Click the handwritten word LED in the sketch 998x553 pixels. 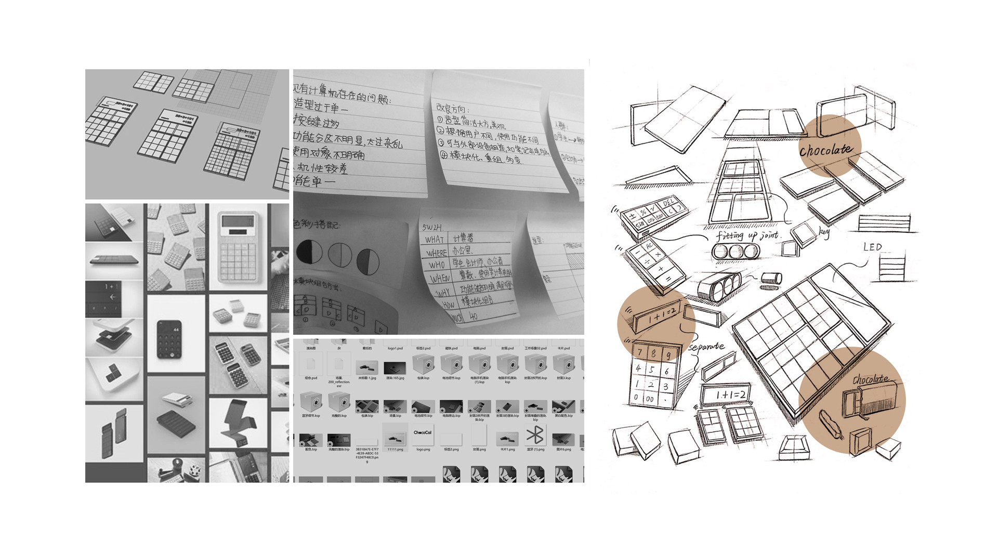pyautogui.click(x=873, y=247)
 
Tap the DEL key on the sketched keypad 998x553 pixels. pyautogui.click(x=668, y=202)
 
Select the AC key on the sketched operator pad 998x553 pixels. pyautogui.click(x=649, y=245)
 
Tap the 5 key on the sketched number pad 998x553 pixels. pyautogui.click(x=652, y=370)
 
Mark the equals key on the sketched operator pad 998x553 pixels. pyautogui.click(x=668, y=279)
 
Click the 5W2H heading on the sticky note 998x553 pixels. pyautogui.click(x=432, y=227)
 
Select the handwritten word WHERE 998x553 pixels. pyautogui.click(x=436, y=253)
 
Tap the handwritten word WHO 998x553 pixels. pyautogui.click(x=437, y=265)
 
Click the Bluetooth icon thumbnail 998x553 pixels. pyautogui.click(x=535, y=434)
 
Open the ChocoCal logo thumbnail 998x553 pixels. pyautogui.click(x=423, y=434)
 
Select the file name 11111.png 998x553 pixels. pyautogui.click(x=395, y=449)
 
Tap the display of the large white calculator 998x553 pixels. pyautogui.click(x=238, y=221)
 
